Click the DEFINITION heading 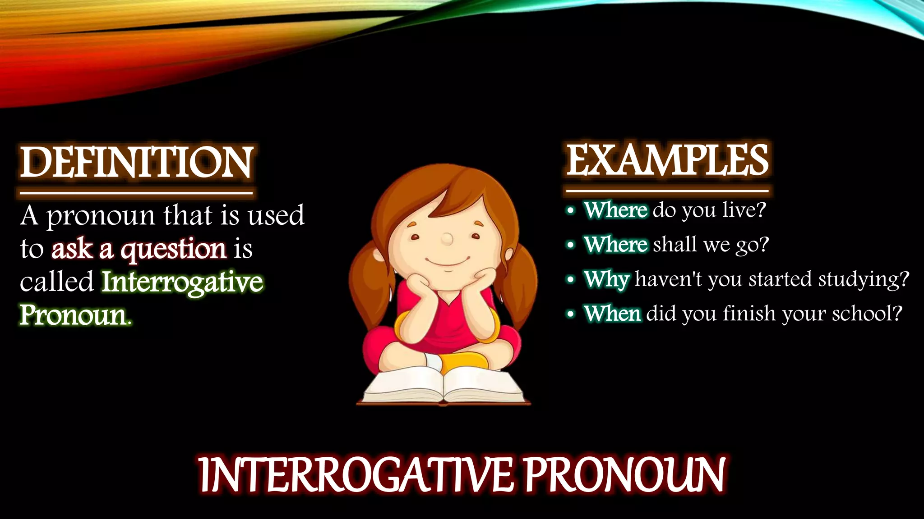coord(136,162)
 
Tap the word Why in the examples coord(606,279)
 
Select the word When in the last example coord(612,314)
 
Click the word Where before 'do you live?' coord(616,210)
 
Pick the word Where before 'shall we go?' coord(616,245)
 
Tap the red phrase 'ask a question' coord(139,249)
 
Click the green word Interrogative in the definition coord(182,282)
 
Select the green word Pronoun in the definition coord(73,315)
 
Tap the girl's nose coord(447,239)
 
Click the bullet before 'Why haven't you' coord(571,280)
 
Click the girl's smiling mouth coord(448,261)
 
